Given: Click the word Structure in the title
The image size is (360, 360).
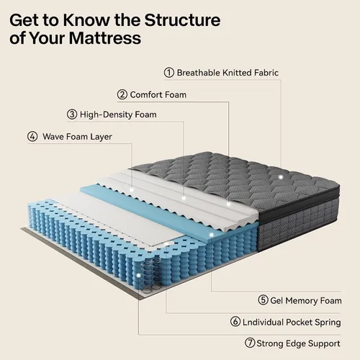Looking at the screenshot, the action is click(182, 20).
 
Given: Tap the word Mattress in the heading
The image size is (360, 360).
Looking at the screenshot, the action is click(105, 38).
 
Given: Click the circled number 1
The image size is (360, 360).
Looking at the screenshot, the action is click(169, 73).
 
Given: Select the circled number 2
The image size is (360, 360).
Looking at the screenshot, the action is click(122, 94).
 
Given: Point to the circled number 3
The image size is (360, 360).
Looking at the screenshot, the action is click(72, 114).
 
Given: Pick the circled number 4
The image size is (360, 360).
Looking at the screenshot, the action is click(32, 137).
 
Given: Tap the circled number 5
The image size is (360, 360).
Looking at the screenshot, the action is click(263, 300).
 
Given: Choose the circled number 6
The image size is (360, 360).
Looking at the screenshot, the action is click(235, 322).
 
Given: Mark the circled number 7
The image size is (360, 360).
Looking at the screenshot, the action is click(250, 343).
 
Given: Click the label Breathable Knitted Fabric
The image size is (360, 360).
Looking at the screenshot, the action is click(228, 73).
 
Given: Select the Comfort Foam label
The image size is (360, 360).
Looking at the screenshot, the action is click(158, 95).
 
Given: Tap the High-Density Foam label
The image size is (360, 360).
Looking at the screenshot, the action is click(118, 114).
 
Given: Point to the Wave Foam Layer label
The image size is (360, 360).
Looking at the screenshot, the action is click(77, 137).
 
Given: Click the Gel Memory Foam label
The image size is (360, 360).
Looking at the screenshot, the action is click(306, 300).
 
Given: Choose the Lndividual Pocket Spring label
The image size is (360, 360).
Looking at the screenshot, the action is click(292, 323).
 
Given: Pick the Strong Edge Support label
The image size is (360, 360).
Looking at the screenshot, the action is click(298, 343).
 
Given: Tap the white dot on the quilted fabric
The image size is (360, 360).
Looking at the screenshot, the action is click(281, 177).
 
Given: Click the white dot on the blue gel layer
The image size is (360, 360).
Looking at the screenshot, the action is click(212, 235).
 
